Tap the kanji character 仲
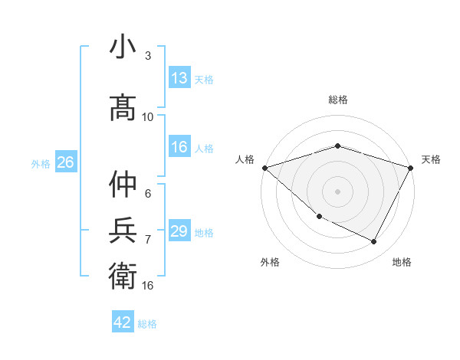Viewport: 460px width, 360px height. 123,185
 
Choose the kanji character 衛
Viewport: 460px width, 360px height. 123,273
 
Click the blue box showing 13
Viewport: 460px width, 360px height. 179,78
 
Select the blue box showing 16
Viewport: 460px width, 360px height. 179,148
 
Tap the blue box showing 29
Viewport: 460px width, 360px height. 179,232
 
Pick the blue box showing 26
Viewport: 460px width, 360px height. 65,163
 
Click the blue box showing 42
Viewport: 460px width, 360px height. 123,322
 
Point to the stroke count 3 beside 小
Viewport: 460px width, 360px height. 148,56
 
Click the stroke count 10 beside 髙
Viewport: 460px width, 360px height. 148,116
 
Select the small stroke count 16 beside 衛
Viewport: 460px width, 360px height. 148,285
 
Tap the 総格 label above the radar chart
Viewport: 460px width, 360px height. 337,100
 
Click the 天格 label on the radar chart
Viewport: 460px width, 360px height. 431,159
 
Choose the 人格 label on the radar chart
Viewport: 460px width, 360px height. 245,159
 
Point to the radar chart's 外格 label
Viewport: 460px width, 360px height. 270,263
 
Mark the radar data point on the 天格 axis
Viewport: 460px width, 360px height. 411,168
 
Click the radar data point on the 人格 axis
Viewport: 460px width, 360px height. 264,168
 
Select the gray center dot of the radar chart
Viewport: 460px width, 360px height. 337,191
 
